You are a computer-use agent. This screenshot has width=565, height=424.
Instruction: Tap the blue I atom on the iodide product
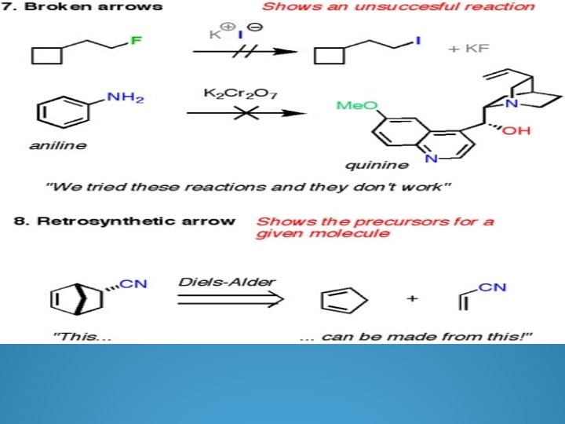click(417, 40)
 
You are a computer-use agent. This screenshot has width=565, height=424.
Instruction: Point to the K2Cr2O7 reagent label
click(236, 93)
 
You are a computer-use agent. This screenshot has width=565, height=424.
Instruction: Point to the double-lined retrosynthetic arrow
click(227, 300)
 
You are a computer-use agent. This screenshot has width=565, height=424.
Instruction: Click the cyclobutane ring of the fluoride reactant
click(46, 55)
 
